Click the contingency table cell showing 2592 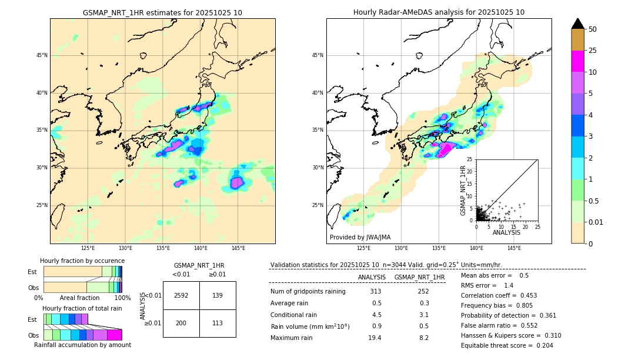[181, 295]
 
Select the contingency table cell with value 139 [218, 295]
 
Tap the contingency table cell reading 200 [181, 323]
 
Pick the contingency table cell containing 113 [218, 323]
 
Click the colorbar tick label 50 [593, 29]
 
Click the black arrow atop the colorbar [578, 24]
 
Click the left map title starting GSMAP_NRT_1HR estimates [162, 12]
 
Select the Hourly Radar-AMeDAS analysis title [439, 12]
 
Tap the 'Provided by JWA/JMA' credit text [360, 238]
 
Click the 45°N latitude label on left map [42, 55]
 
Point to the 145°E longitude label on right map [514, 248]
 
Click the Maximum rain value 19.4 [375, 338]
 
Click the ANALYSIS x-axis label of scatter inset [506, 232]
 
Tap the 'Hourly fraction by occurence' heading [82, 261]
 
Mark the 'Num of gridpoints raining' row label [308, 292]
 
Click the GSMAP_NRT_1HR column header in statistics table [419, 277]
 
